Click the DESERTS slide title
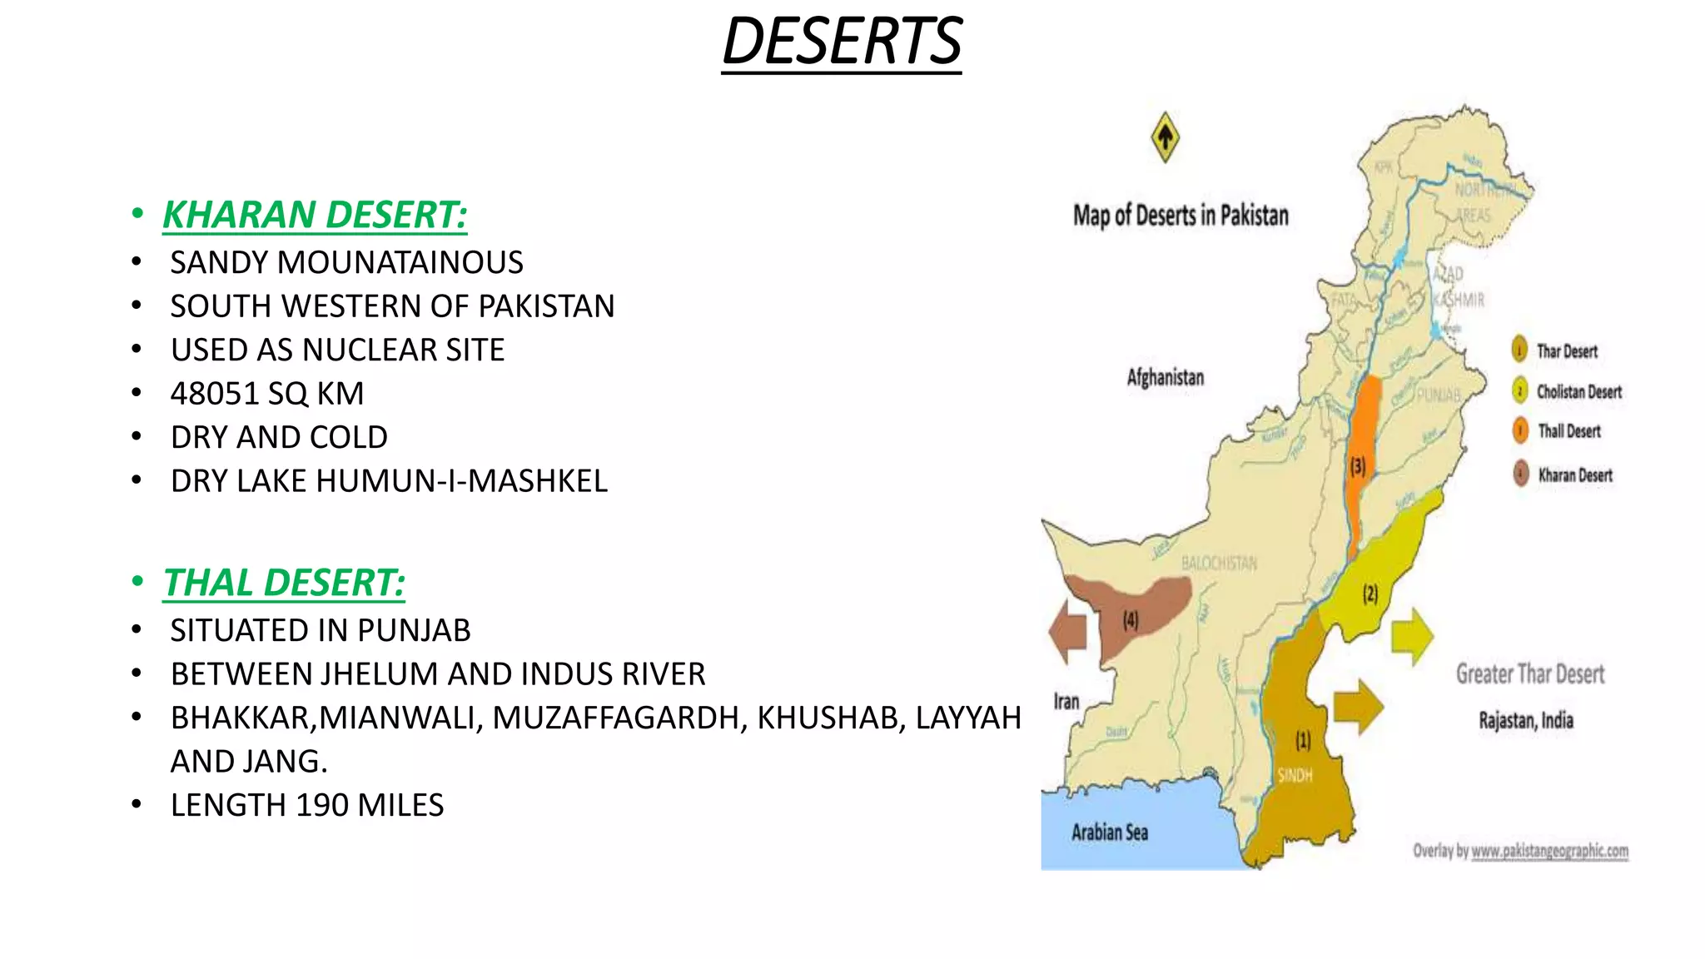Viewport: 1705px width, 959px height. pyautogui.click(x=842, y=42)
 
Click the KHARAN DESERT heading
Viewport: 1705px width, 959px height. pyautogui.click(x=315, y=215)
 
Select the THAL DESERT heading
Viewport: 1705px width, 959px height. pyautogui.click(x=284, y=583)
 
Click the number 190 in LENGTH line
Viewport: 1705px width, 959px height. pyautogui.click(x=322, y=806)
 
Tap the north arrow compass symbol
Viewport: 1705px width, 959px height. pyautogui.click(x=1165, y=137)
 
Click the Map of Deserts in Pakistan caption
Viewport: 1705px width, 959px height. pyautogui.click(x=1180, y=216)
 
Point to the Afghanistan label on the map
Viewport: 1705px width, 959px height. pyautogui.click(x=1165, y=377)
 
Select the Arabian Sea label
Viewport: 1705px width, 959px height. pyautogui.click(x=1109, y=832)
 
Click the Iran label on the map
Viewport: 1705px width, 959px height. pyautogui.click(x=1066, y=702)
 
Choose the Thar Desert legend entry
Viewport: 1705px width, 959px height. pyautogui.click(x=1566, y=351)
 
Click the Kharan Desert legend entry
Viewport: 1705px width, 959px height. pyautogui.click(x=1574, y=475)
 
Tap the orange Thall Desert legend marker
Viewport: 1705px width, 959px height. pyautogui.click(x=1520, y=430)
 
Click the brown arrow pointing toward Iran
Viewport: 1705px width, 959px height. pyautogui.click(x=1068, y=631)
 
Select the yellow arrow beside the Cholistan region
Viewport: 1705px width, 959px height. pyautogui.click(x=1412, y=637)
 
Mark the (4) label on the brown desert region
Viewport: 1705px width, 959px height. pyautogui.click(x=1130, y=620)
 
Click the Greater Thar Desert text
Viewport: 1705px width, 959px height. pyautogui.click(x=1529, y=674)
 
